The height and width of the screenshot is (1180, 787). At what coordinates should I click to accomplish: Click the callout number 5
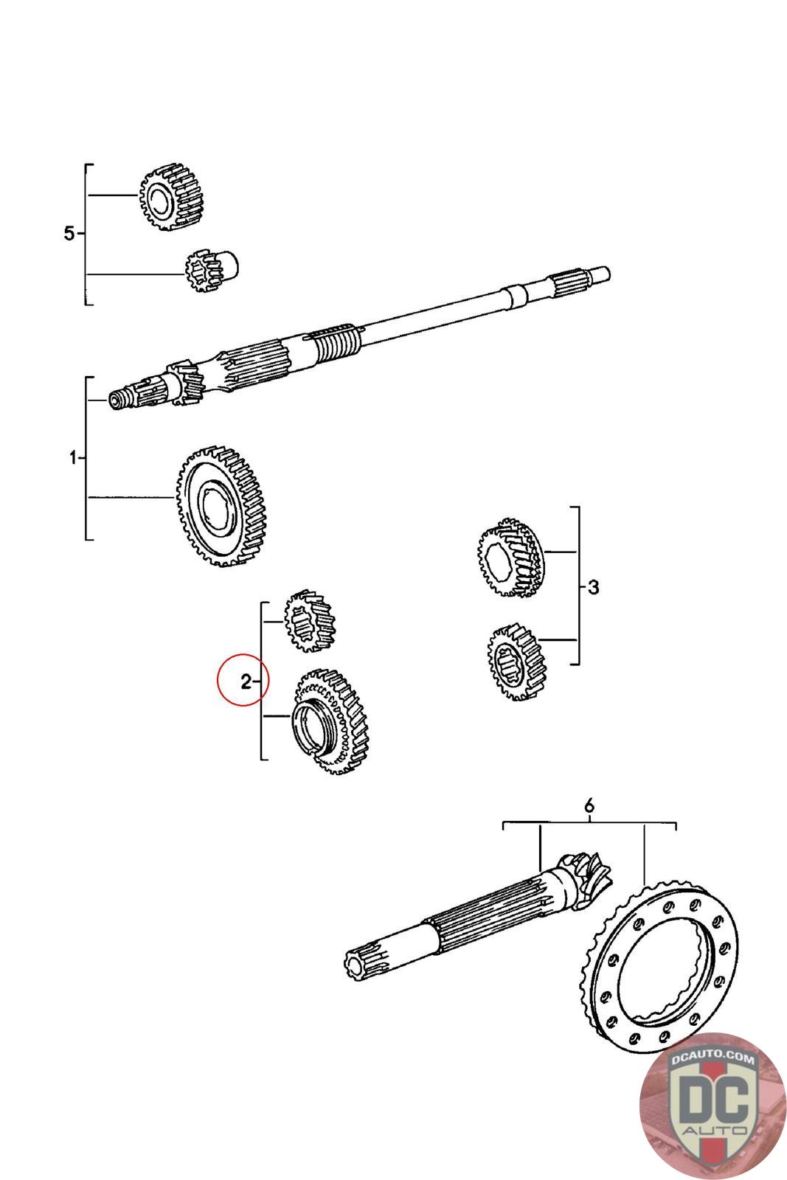[69, 234]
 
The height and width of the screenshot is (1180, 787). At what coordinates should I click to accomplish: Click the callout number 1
[73, 458]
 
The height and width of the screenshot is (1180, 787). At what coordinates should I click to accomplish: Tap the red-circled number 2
[245, 681]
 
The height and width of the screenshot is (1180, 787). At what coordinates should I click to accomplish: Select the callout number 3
[593, 588]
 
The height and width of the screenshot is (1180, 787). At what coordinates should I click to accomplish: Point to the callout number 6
[589, 806]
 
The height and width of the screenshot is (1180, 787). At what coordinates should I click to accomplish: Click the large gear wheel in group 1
[222, 505]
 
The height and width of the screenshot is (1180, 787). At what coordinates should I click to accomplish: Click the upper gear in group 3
[508, 560]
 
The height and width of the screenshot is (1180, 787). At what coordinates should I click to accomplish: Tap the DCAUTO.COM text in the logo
[713, 1060]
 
